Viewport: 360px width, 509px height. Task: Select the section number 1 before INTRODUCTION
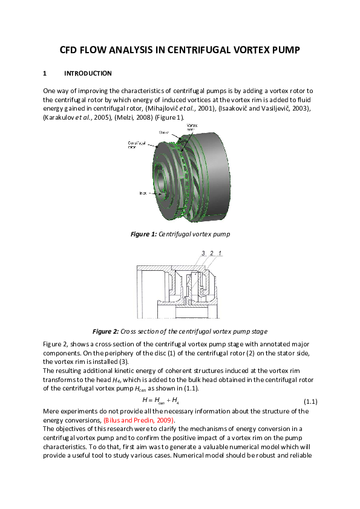point(45,74)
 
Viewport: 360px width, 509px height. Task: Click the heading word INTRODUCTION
point(88,74)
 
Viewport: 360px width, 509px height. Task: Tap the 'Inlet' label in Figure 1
point(143,193)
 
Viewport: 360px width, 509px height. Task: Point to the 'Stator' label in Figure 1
point(164,131)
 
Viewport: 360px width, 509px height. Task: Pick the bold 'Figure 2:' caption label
point(105,331)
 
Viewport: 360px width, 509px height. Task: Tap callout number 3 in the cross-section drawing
point(203,253)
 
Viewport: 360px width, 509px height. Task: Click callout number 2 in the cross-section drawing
point(212,253)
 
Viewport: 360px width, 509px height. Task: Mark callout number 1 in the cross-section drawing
point(221,253)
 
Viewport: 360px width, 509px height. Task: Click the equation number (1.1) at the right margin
point(310,401)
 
